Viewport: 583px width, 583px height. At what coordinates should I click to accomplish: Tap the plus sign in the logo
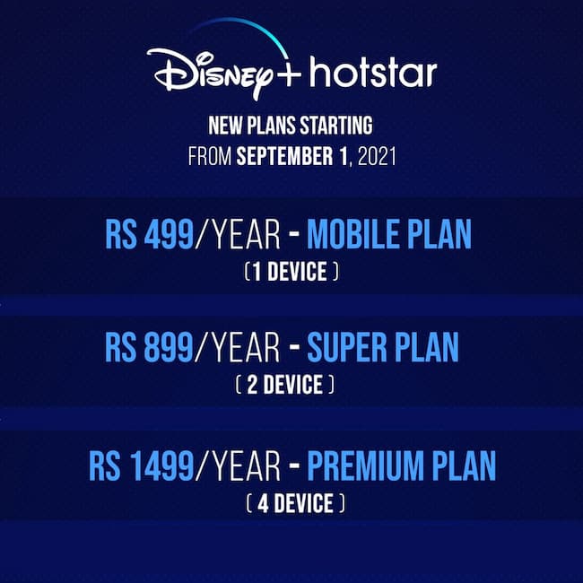point(287,73)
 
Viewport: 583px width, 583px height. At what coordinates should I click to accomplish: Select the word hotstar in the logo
point(373,73)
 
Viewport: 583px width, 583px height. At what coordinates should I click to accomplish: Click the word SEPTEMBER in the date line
point(285,156)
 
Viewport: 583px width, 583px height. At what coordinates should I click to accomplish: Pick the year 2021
point(377,156)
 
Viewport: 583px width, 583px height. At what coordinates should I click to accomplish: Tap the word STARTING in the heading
point(335,126)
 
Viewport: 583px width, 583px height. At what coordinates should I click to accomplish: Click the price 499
point(169,234)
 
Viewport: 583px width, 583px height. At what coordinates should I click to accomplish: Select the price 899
point(169,347)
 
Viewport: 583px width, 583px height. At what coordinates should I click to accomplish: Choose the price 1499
point(162,466)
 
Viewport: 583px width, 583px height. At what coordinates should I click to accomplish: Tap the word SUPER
point(347,347)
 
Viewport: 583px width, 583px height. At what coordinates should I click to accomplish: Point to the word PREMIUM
point(365,466)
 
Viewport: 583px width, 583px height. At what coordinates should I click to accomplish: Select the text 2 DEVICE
point(285,385)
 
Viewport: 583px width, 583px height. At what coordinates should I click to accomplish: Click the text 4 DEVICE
point(295,503)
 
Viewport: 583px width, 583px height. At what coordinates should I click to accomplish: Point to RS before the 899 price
point(120,347)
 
